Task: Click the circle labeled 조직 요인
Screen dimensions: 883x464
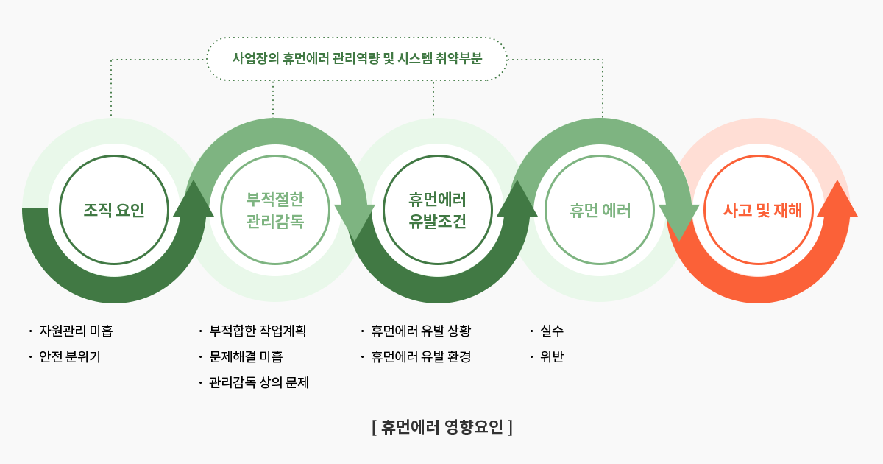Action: click(x=114, y=155)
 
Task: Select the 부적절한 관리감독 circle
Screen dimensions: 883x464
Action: click(x=275, y=155)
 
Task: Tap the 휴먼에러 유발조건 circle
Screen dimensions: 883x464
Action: click(x=438, y=155)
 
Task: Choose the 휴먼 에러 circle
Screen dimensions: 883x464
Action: click(x=600, y=155)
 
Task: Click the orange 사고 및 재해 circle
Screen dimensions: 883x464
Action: click(x=759, y=155)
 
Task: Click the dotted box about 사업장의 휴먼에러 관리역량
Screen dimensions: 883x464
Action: click(x=357, y=38)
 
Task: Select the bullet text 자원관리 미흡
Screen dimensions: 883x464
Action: click(x=76, y=331)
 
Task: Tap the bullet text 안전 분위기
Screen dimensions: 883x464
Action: click(x=70, y=356)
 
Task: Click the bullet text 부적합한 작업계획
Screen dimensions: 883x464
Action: click(x=258, y=331)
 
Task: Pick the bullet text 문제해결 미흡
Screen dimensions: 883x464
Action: click(x=246, y=356)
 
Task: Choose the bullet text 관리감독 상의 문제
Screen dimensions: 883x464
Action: click(x=259, y=382)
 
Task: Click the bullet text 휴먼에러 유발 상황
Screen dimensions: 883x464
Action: click(x=421, y=331)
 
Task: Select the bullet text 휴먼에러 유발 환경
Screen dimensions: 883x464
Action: click(x=421, y=356)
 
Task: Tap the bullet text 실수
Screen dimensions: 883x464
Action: click(x=552, y=331)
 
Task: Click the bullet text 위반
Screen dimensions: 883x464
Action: click(x=552, y=356)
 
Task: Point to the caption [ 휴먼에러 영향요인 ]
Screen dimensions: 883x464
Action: click(x=442, y=427)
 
